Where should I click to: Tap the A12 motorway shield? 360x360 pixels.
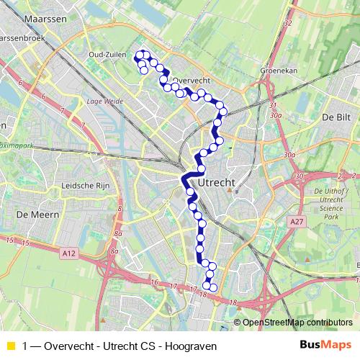coord(68,252)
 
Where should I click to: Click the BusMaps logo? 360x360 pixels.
coord(325,345)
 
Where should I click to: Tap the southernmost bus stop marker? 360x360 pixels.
coord(213,289)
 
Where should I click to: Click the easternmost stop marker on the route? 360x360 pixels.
coord(223,111)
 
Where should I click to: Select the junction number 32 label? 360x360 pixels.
coord(287,24)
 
